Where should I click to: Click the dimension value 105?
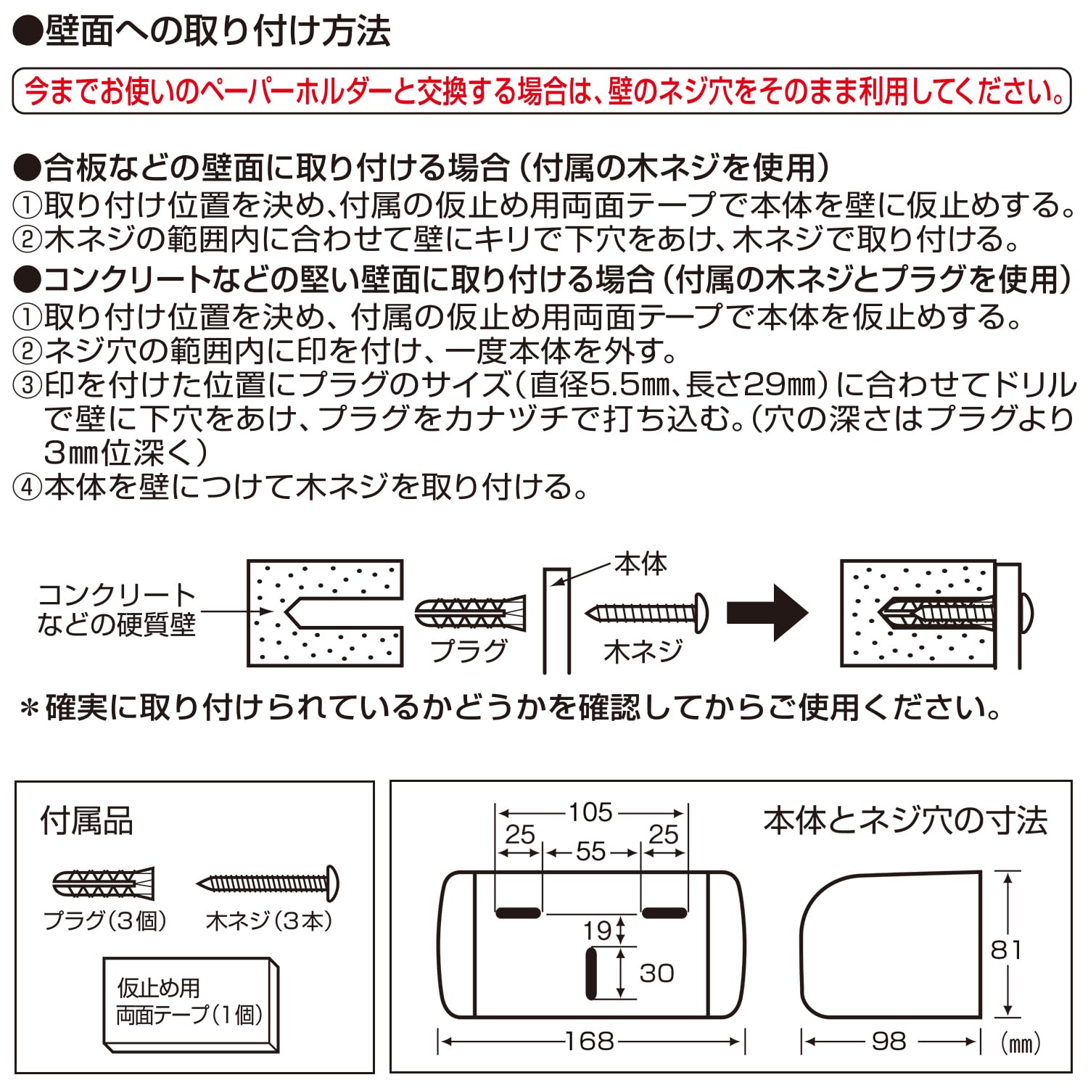590,812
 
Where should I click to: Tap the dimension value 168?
590,1042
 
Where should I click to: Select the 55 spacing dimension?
591,852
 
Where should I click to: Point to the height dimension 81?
1006,949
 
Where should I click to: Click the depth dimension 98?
889,1042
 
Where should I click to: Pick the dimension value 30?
656,973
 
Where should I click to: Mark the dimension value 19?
598,931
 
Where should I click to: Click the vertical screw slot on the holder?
591,973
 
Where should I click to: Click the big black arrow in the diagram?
767,613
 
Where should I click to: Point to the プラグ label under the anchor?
469,651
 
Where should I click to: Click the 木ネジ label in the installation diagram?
643,651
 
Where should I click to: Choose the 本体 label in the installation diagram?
640,564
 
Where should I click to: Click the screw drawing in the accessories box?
268,883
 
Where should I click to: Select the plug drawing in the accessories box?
104,883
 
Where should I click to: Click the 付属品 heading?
87,821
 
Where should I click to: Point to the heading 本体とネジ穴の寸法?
905,820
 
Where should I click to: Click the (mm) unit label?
1021,1043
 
